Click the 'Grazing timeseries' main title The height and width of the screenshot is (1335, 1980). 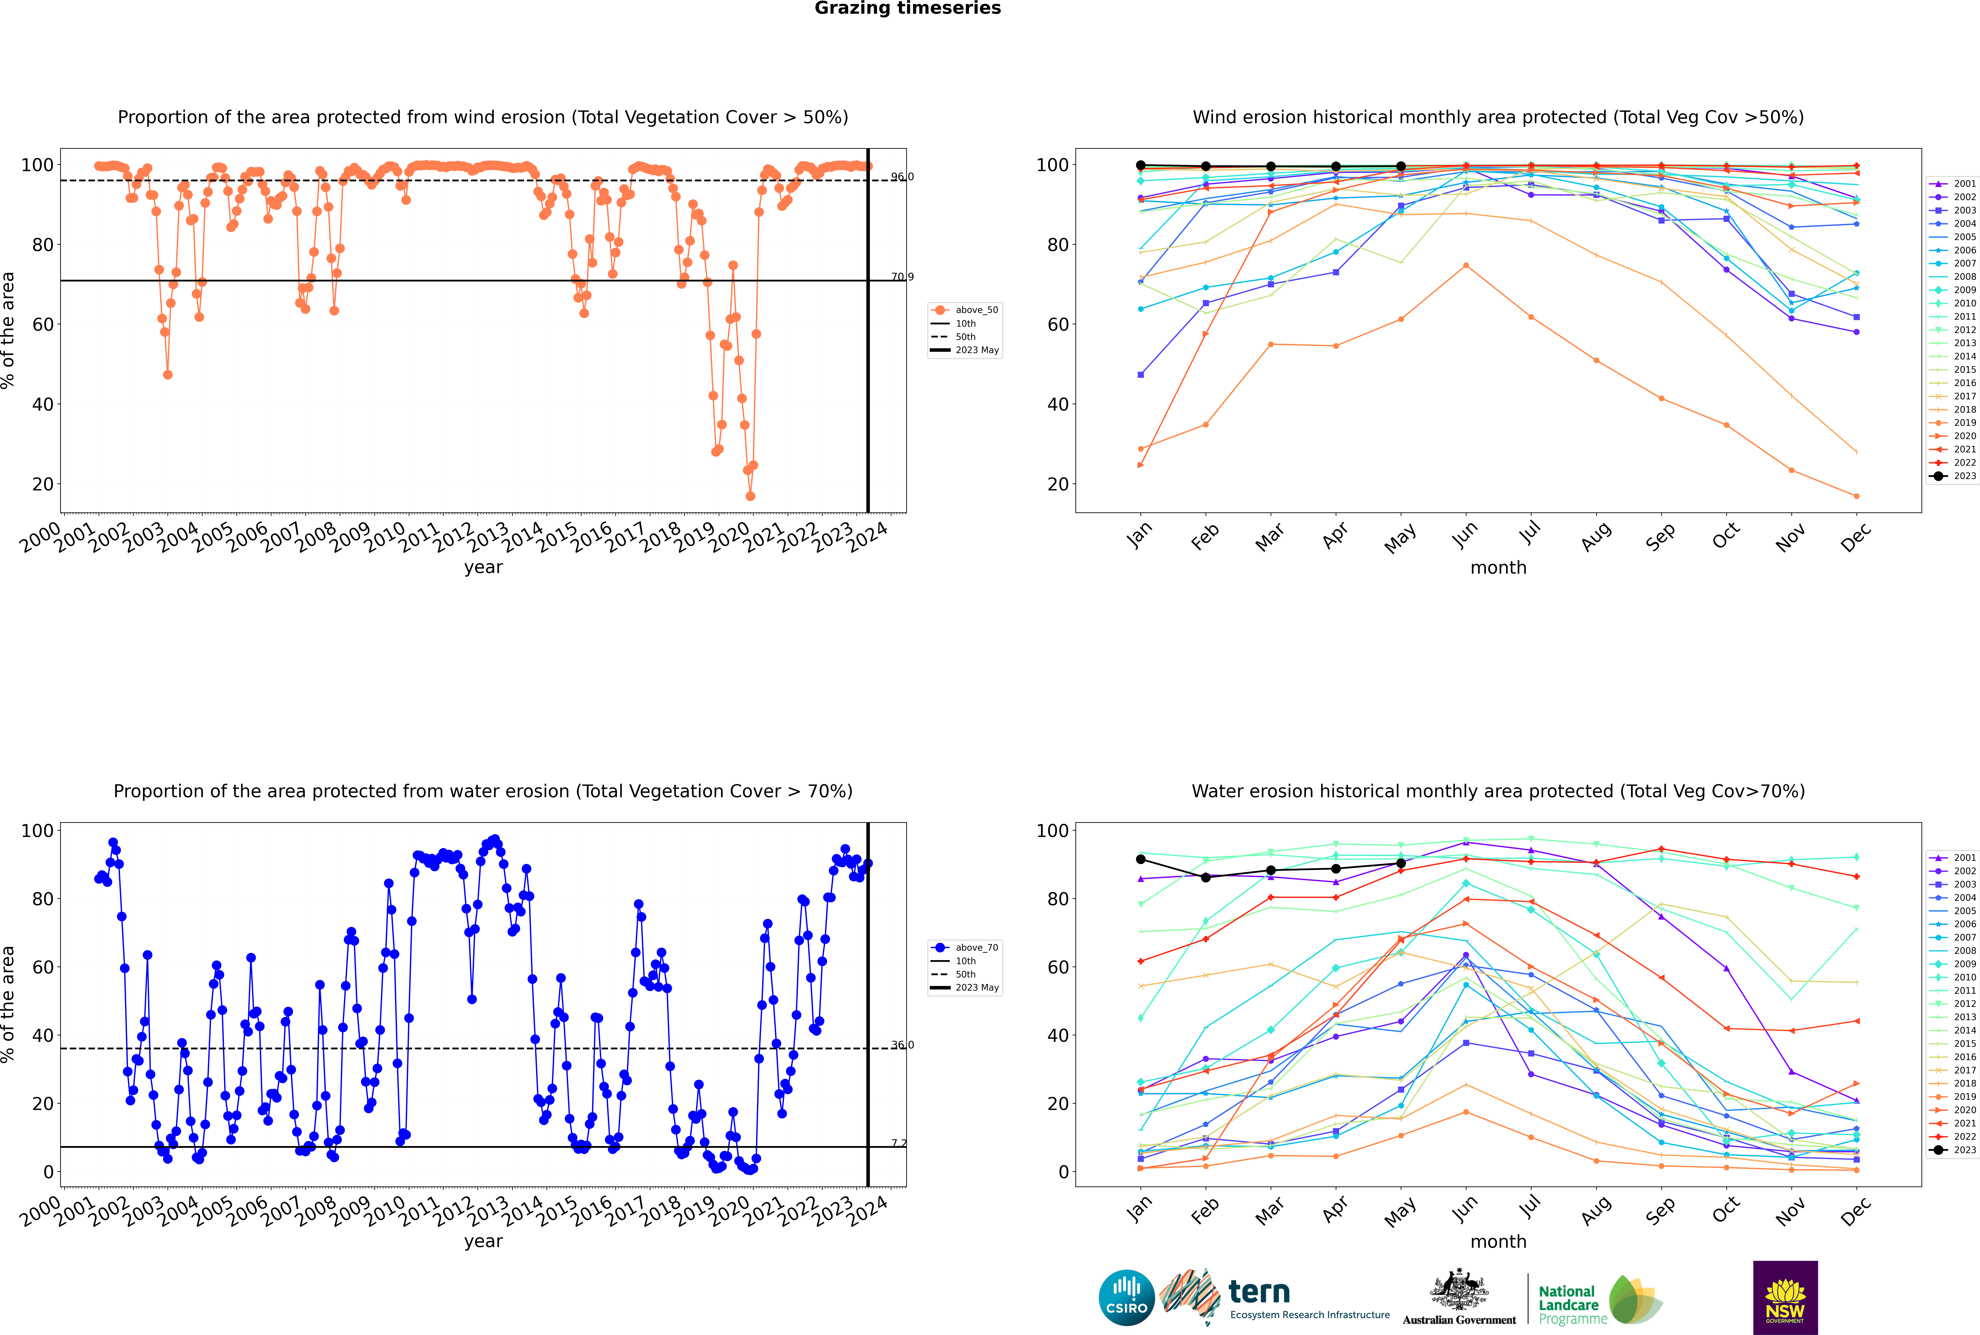pos(908,8)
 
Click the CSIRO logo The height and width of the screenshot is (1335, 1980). pos(1126,1298)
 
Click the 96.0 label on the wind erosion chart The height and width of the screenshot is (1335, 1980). pos(902,177)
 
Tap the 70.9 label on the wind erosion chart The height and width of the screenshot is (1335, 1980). pos(902,277)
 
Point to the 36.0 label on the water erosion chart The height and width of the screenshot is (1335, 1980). pos(902,1045)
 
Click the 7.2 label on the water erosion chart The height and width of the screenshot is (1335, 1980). pos(899,1143)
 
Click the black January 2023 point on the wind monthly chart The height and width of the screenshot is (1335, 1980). pos(1141,165)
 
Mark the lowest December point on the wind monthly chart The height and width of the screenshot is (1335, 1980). pos(1857,496)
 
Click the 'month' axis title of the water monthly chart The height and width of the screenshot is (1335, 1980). pos(1498,1242)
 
